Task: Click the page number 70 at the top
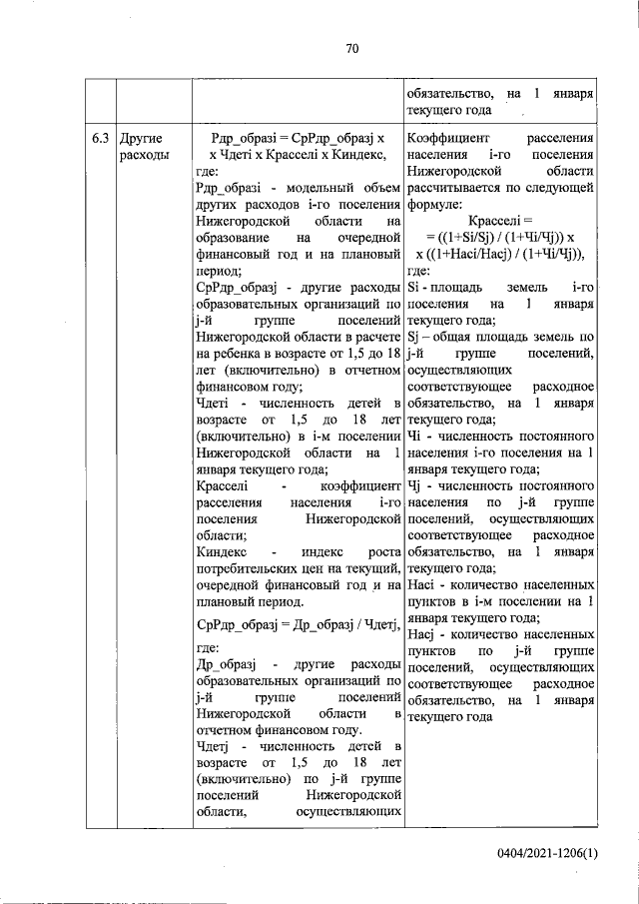351,48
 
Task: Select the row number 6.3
99,138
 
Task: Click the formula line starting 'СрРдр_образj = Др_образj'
299,625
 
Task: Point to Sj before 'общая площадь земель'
415,336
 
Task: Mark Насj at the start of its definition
422,633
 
